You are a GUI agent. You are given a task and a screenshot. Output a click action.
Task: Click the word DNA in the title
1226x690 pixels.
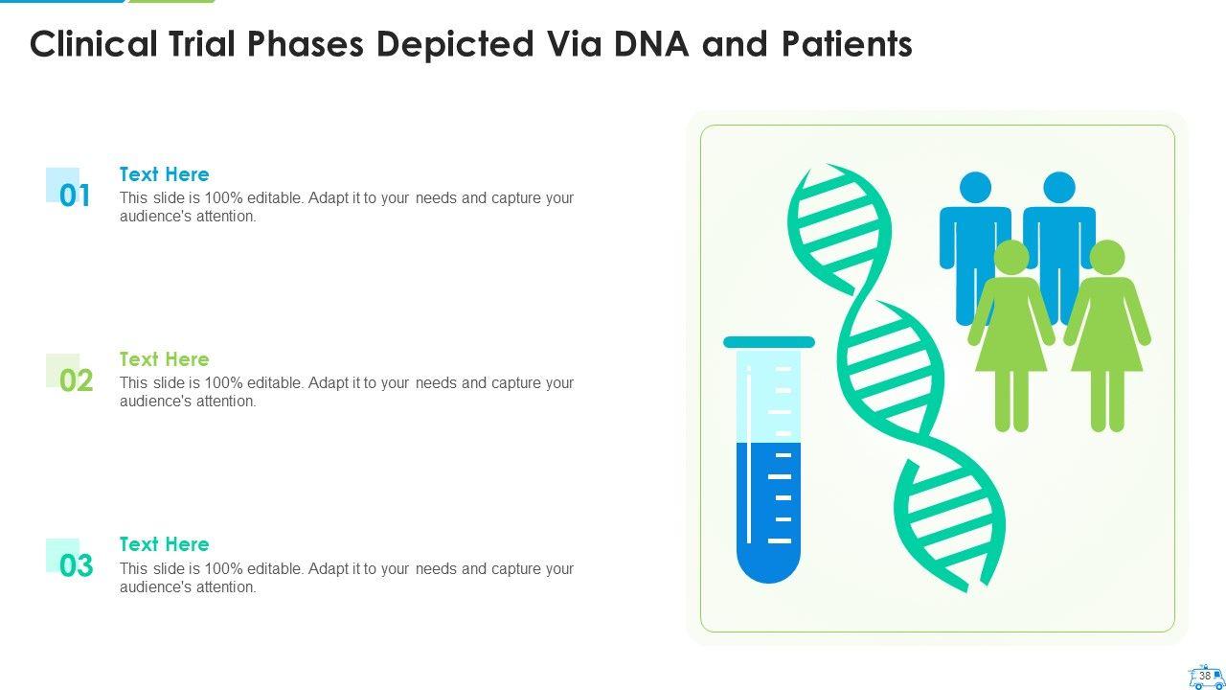coord(651,43)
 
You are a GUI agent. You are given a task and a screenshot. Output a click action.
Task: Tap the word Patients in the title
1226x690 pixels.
coord(847,43)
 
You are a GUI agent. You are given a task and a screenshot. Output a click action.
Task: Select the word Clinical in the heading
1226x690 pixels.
coord(94,43)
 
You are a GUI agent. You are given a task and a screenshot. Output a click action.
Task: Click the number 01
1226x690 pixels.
coord(75,195)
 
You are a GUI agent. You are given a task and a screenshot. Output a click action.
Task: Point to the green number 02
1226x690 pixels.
coord(76,380)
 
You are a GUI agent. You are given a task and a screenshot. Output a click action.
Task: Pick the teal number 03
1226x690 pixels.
coord(76,565)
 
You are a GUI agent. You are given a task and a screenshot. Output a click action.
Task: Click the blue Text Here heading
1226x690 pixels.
coord(164,174)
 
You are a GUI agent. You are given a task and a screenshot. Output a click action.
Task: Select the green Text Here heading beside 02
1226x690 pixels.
coord(164,359)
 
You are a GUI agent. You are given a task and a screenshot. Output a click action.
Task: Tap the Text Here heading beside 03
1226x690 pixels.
coord(164,544)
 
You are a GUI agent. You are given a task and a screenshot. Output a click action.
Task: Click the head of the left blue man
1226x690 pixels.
coord(975,187)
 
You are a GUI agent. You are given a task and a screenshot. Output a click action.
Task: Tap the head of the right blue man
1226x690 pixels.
coord(1059,187)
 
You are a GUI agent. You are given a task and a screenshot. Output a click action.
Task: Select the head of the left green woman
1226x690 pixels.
coord(1010,257)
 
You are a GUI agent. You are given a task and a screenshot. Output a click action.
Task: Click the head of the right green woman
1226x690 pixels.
coord(1107,257)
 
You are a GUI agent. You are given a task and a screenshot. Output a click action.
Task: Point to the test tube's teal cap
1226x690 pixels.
coord(769,342)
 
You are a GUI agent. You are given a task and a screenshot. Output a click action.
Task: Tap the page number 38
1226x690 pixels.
coord(1205,676)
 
